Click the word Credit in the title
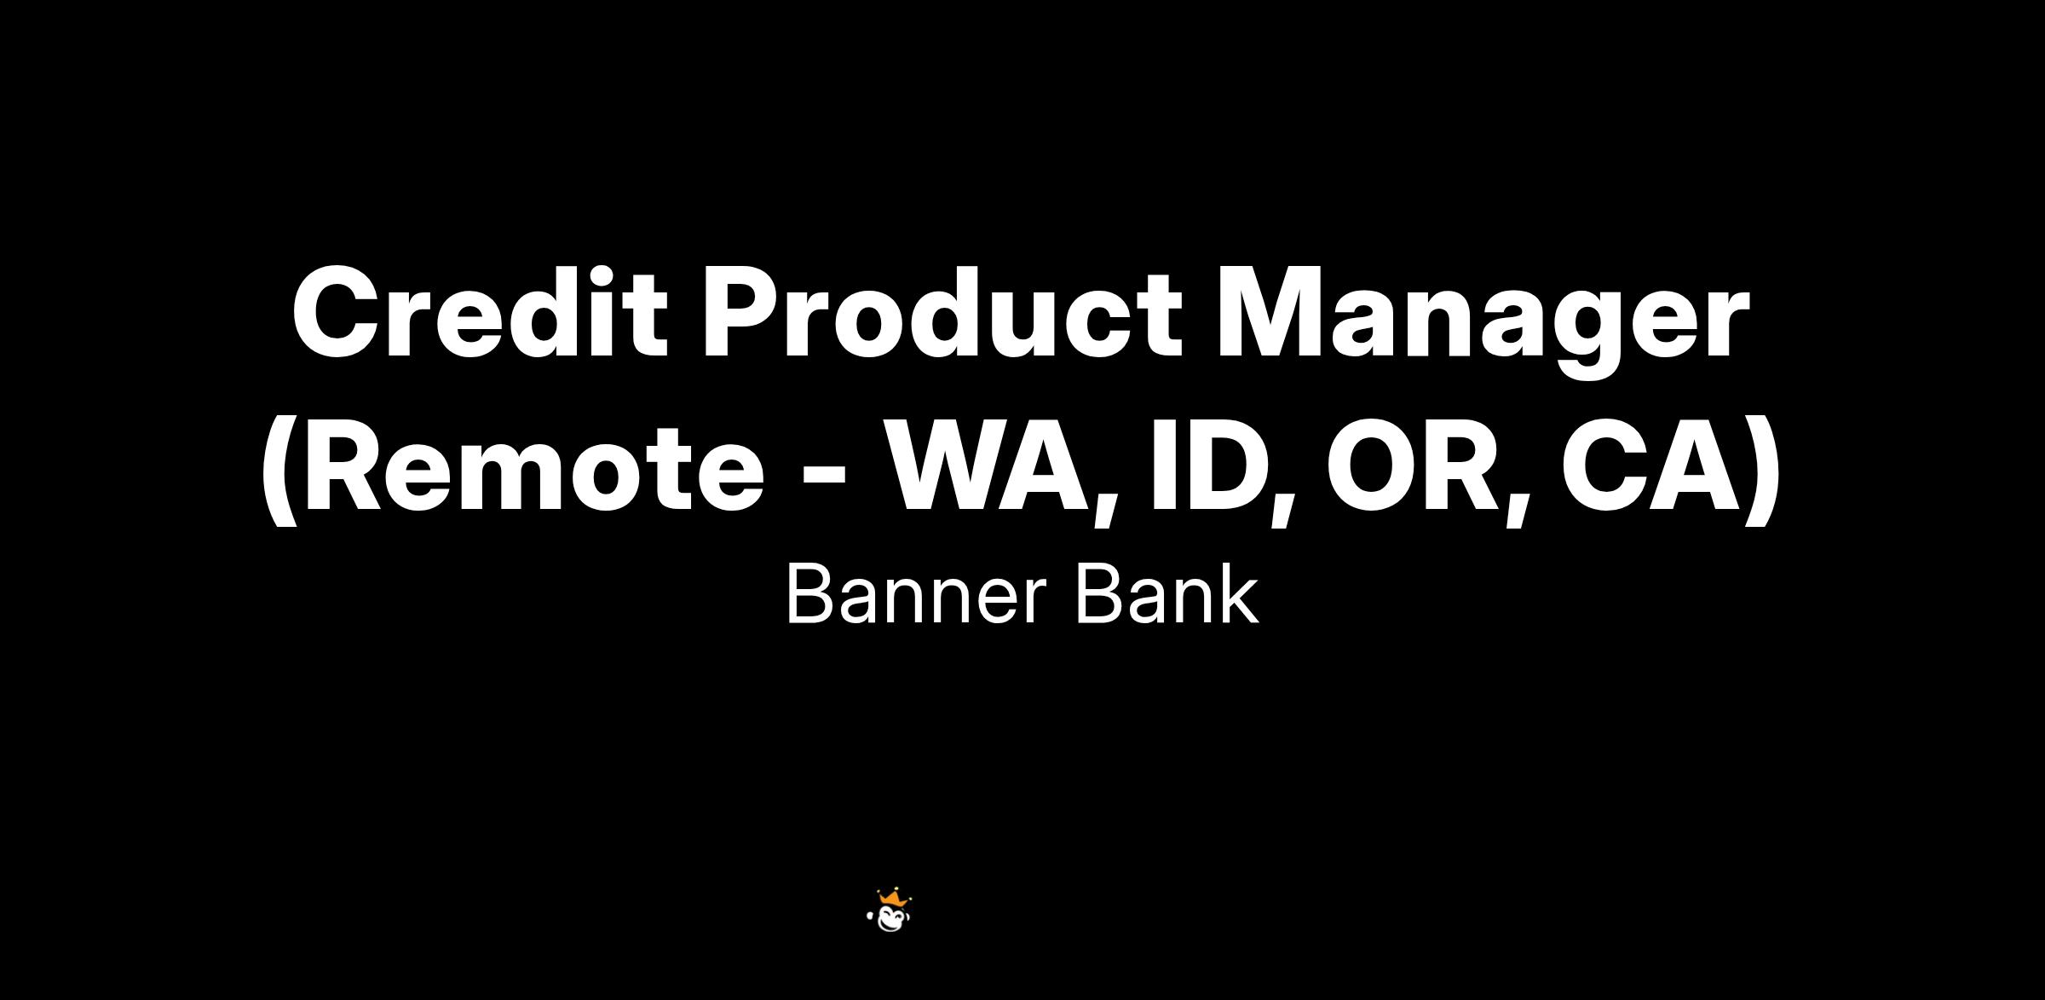480,313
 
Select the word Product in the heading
942,313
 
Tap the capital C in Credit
335,313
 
